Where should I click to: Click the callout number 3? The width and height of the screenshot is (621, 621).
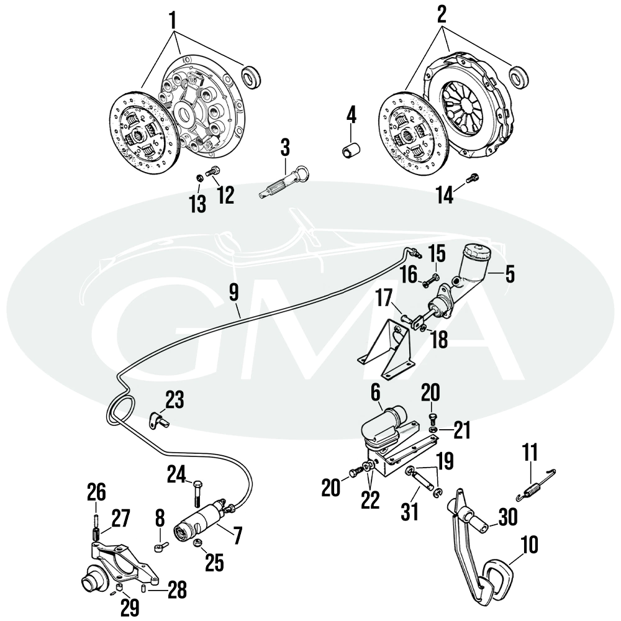(x=285, y=147)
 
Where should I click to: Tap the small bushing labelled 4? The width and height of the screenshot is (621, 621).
(x=351, y=150)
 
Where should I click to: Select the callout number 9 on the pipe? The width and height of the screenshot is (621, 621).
(x=234, y=293)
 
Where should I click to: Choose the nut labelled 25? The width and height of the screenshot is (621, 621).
(x=197, y=543)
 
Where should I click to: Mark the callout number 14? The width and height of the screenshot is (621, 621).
(x=445, y=195)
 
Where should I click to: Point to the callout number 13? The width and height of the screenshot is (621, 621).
(x=197, y=204)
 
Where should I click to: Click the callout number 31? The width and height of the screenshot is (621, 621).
(x=409, y=511)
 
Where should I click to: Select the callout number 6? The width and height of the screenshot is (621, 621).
(x=375, y=393)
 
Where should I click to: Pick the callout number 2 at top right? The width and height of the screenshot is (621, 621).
(x=442, y=14)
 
